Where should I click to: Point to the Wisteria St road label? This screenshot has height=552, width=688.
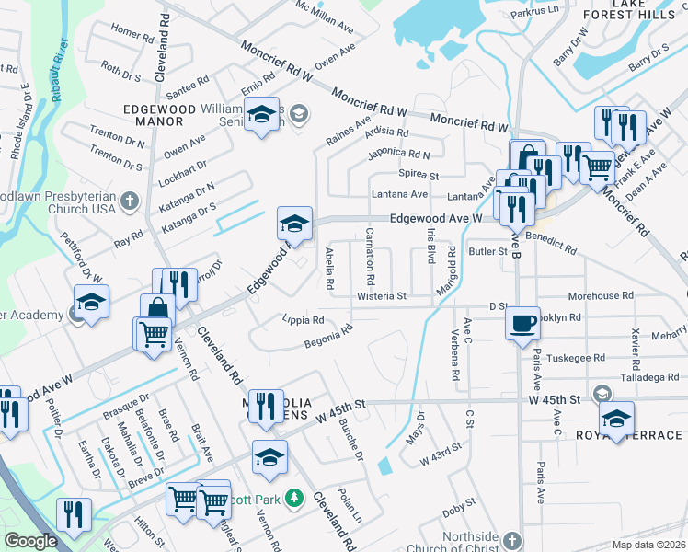point(382,296)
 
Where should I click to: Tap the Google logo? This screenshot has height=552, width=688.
point(30,541)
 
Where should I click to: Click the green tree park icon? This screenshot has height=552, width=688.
point(294,498)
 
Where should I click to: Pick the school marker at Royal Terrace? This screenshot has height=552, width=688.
point(616,419)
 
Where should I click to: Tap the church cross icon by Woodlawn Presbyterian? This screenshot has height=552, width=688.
point(130,200)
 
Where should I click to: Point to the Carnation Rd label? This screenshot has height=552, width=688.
point(371,255)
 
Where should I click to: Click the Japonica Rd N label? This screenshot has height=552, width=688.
point(398,154)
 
